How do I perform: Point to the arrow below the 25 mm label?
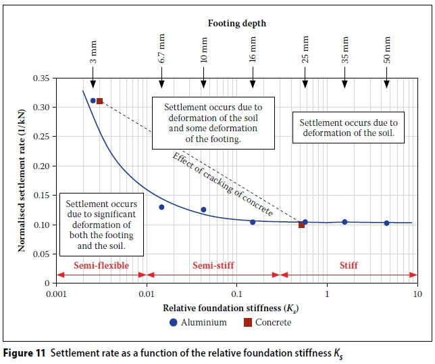click(305, 81)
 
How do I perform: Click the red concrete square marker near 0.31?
click(99, 101)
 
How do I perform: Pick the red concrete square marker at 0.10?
click(301, 225)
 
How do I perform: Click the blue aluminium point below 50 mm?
click(386, 223)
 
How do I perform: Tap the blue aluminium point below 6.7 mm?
click(161, 207)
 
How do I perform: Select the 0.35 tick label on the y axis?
click(42, 78)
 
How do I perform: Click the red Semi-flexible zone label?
click(102, 266)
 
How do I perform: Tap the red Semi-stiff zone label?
click(213, 266)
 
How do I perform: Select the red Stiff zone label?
click(349, 266)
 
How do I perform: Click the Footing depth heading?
click(236, 23)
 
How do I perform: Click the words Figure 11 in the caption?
click(25, 352)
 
